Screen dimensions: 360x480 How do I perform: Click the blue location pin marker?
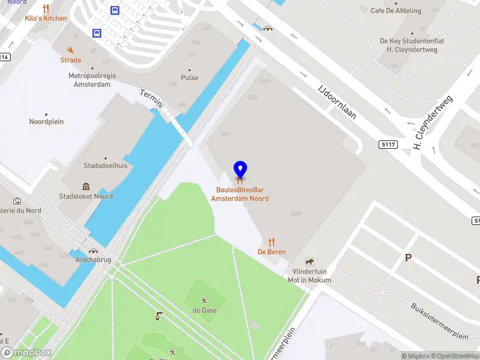coord(240,170)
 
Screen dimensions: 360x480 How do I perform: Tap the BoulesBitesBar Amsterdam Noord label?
coord(240,194)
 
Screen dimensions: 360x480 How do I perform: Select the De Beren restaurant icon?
coord(271,242)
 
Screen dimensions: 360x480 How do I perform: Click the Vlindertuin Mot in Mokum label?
coord(309,276)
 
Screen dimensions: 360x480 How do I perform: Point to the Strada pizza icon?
coord(71,50)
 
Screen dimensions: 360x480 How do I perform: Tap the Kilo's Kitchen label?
coord(46,18)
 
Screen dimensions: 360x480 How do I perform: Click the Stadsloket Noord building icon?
coord(86,187)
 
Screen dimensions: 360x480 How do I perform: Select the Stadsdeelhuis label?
coord(106,166)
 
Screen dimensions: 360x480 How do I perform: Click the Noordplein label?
coord(46,122)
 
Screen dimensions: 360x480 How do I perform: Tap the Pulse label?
coord(190,78)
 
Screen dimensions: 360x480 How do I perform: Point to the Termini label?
coord(152,99)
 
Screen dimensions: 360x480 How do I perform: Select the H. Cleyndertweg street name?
coord(433,122)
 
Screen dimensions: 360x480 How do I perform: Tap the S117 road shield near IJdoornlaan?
coord(388,145)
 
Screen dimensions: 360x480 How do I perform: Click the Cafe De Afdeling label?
coord(396,11)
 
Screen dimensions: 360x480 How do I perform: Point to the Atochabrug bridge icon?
coord(93,251)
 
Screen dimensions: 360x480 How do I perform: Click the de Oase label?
coord(205,310)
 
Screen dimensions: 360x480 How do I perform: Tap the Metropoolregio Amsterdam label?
coord(92,80)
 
